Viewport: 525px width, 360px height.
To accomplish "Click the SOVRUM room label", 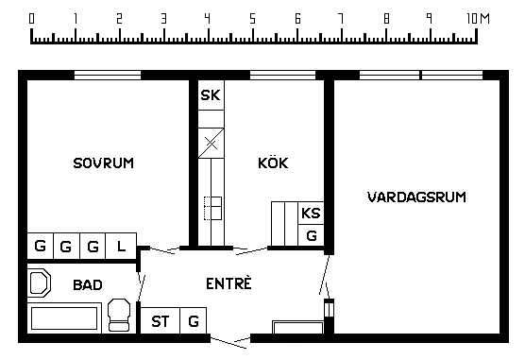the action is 104,163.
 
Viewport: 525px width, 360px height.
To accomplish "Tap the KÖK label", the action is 273,163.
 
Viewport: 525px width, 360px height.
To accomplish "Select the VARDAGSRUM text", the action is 416,197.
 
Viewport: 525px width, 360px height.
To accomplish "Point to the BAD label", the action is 88,285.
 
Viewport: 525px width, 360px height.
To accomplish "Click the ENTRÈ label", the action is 229,283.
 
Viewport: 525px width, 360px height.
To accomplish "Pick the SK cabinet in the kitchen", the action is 211,95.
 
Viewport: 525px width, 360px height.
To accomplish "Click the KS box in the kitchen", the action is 311,213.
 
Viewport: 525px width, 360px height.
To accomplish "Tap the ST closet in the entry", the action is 160,320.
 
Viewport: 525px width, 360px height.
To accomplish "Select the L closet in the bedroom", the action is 121,246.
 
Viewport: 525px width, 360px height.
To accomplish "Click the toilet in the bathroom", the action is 119,315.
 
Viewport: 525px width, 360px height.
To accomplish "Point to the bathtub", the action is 64,318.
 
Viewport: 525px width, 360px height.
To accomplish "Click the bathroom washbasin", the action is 39,283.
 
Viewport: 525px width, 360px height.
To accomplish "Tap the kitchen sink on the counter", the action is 213,208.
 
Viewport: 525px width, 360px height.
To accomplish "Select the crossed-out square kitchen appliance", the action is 211,143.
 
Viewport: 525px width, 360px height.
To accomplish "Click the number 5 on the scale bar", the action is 252,19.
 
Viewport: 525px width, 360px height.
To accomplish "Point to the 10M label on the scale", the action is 478,19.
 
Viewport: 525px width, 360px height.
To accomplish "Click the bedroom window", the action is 108,75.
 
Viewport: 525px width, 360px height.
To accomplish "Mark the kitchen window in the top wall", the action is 283,75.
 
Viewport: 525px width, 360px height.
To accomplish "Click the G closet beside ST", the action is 194,320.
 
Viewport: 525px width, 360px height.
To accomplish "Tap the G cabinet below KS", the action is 311,235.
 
